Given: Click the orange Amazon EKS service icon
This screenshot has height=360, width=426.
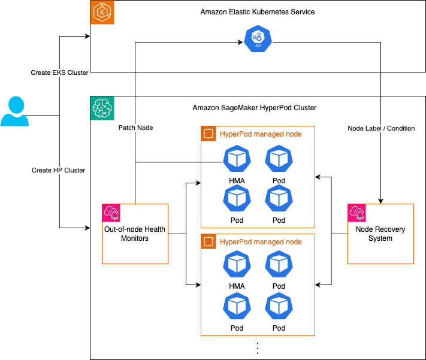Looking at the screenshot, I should pyautogui.click(x=102, y=13).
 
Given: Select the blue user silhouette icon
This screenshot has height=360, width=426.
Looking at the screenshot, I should pyautogui.click(x=14, y=111).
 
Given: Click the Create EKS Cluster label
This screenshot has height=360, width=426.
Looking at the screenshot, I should pyautogui.click(x=60, y=72).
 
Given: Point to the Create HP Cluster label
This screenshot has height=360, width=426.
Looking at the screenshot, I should pyautogui.click(x=58, y=170).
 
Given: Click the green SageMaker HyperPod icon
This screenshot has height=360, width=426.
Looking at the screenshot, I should pyautogui.click(x=102, y=108).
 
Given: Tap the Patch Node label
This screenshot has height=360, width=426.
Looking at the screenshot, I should pyautogui.click(x=136, y=128).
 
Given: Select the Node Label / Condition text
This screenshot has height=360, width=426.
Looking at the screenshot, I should pyautogui.click(x=381, y=128).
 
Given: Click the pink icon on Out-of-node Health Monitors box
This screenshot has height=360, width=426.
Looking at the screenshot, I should pyautogui.click(x=111, y=213).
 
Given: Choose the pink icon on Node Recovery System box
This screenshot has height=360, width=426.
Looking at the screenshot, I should pyautogui.click(x=357, y=213).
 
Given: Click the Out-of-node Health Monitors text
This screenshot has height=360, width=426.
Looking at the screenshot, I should pyautogui.click(x=134, y=234).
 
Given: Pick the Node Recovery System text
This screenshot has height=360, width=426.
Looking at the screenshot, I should pyautogui.click(x=380, y=234).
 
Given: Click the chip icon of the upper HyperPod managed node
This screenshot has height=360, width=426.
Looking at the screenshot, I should pyautogui.click(x=208, y=134).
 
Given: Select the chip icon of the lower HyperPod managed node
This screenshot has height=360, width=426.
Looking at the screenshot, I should pyautogui.click(x=208, y=242).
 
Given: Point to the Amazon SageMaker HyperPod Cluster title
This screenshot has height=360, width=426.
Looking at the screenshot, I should pyautogui.click(x=255, y=108).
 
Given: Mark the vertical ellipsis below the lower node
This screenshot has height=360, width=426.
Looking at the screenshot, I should pyautogui.click(x=258, y=348).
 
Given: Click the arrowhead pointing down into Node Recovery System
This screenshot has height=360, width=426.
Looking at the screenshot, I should pyautogui.click(x=380, y=201).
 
